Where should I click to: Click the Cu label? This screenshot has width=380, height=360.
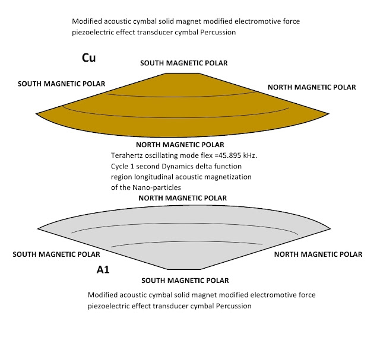click(89, 58)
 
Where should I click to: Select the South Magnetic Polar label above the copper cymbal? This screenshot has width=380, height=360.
click(184, 63)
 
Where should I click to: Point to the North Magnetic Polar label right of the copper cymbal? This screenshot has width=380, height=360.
click(312, 87)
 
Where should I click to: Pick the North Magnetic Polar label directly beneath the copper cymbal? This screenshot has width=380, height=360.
click(180, 145)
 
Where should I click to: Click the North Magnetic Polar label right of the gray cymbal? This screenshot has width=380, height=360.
click(317, 254)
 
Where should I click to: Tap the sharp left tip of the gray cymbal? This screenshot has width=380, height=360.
click(39, 228)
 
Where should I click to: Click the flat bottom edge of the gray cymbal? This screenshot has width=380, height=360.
click(180, 272)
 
